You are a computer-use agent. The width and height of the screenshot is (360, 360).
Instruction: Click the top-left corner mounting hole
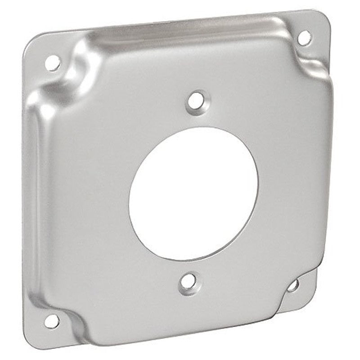point(53,63)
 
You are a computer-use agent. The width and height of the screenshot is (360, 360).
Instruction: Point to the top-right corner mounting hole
point(304,38)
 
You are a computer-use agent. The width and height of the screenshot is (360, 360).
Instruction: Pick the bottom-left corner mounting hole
point(51,320)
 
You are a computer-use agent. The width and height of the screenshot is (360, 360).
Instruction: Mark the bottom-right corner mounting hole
point(293,285)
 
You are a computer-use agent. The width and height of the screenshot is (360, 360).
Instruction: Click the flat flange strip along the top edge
point(180,21)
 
